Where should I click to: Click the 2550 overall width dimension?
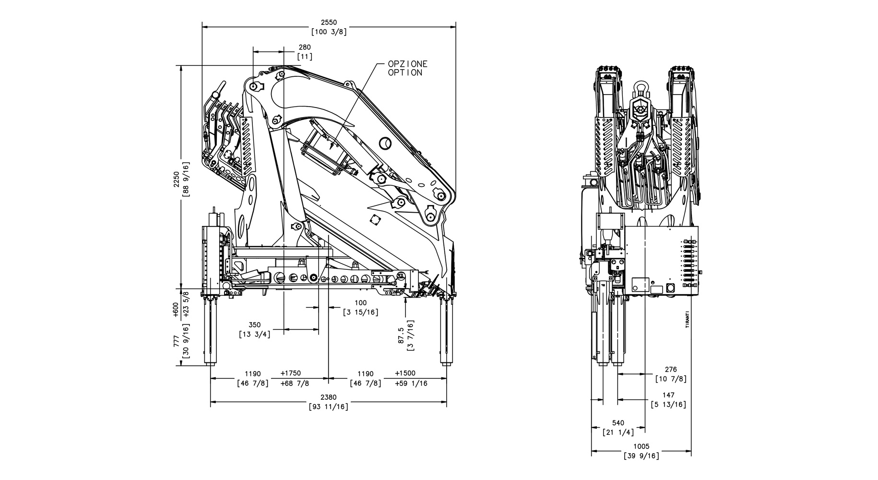click(329, 22)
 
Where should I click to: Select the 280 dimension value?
click(305, 47)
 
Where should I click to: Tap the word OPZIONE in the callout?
click(407, 64)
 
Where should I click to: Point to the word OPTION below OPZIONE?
click(405, 72)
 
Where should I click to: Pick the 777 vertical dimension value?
click(176, 341)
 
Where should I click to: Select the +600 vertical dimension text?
click(176, 310)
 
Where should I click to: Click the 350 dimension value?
click(255, 325)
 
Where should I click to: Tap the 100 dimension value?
click(360, 303)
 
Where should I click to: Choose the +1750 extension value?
click(290, 373)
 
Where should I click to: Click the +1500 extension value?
click(405, 373)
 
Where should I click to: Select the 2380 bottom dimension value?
click(329, 397)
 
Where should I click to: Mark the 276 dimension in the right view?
click(671, 370)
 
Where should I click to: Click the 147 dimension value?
click(668, 395)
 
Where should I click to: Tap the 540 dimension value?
click(618, 423)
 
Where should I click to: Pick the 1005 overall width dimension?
click(641, 447)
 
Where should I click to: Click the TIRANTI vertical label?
click(687, 320)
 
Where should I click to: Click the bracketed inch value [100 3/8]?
click(329, 32)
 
